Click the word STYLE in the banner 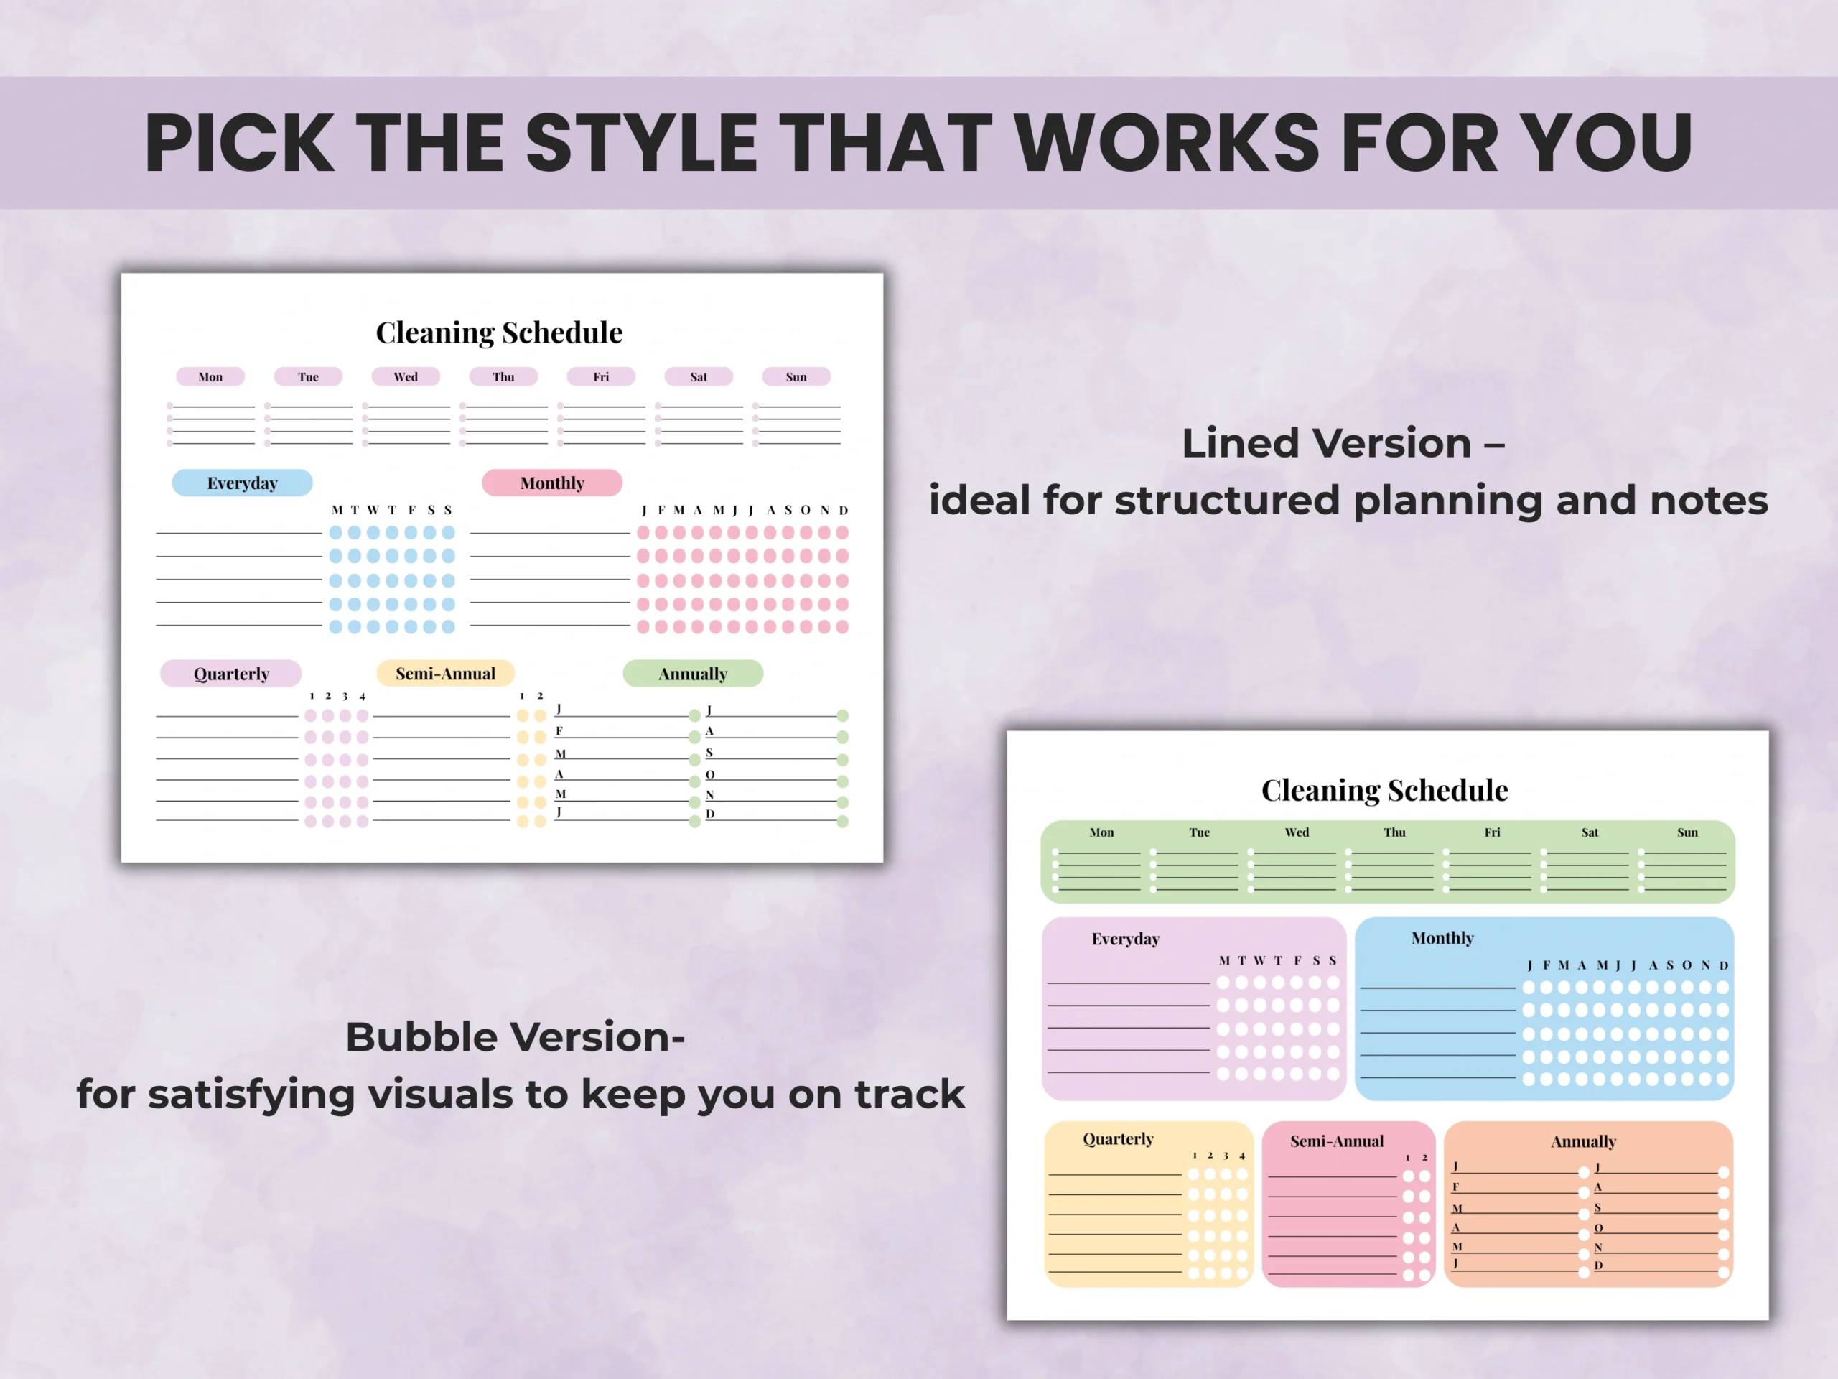pos(640,143)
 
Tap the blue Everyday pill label pos(243,483)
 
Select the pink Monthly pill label pos(553,483)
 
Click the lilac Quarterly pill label pos(231,673)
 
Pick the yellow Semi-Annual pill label pos(445,673)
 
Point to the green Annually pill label pos(693,673)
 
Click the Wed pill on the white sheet pos(406,376)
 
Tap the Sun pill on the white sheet pos(796,376)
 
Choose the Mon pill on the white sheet pos(210,376)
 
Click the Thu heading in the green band pos(1394,832)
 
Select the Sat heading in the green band pos(1590,832)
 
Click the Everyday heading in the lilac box pos(1125,939)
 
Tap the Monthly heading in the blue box pos(1442,939)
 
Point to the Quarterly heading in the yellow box pos(1119,1140)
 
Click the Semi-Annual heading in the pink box pos(1337,1141)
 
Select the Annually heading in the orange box pos(1584,1142)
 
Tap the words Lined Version pos(1326,443)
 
